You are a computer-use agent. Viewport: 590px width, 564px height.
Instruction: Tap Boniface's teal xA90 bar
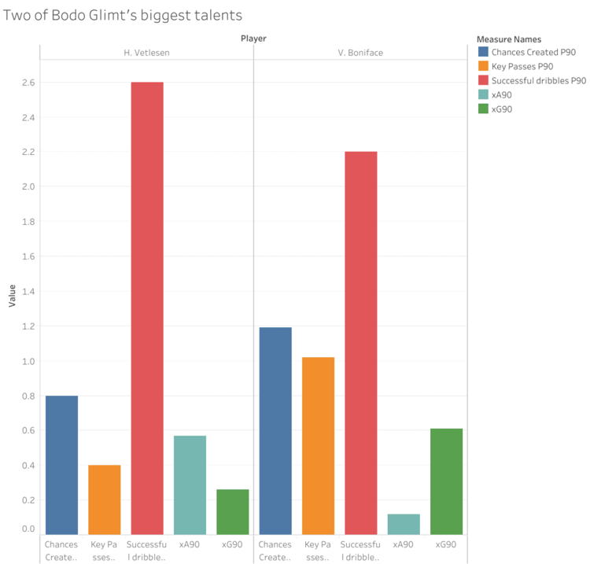[404, 524]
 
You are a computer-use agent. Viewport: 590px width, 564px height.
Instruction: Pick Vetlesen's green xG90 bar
[233, 512]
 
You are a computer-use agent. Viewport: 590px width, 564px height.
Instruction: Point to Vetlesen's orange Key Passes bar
[105, 499]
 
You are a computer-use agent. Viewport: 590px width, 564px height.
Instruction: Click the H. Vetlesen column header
[147, 53]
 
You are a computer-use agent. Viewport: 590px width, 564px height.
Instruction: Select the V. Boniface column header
[360, 53]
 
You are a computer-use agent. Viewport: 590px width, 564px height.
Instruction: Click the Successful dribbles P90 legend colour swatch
[483, 80]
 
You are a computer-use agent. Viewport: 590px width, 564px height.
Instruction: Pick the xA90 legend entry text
[502, 94]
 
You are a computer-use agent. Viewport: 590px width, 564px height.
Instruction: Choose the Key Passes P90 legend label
[522, 66]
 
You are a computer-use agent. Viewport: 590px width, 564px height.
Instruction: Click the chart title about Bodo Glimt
[124, 15]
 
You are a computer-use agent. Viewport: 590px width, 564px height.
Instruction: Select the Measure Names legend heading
[508, 39]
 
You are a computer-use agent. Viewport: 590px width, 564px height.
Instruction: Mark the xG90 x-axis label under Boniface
[446, 544]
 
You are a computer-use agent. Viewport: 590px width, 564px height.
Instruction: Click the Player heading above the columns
[253, 38]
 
